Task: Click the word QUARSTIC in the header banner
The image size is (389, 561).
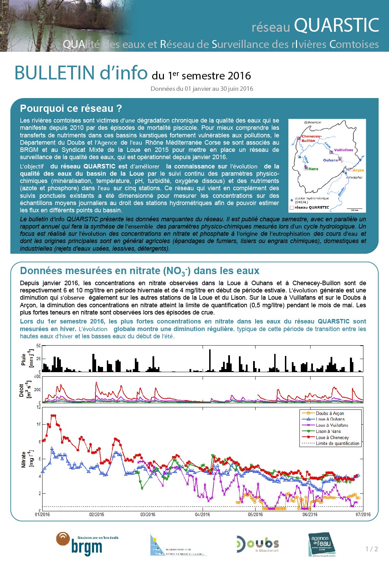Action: pos(336,25)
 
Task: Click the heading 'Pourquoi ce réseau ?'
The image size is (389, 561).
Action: pos(71,108)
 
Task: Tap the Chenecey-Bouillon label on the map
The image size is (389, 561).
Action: pos(311,138)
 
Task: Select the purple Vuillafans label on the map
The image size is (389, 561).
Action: pos(344,150)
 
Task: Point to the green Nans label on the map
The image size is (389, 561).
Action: pos(313,169)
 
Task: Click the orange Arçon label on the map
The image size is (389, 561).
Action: pos(358,170)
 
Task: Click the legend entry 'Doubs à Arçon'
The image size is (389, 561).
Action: pos(330,413)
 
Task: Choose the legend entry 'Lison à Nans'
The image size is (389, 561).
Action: pos(328,431)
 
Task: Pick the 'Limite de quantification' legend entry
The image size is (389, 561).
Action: pos(337,444)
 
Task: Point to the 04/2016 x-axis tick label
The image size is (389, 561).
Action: pos(202,514)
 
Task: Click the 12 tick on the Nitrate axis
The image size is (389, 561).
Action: pos(38,407)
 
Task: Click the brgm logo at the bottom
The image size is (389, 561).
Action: pos(86,544)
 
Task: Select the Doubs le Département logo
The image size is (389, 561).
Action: pos(258,544)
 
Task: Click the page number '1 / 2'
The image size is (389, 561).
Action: pos(372,549)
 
